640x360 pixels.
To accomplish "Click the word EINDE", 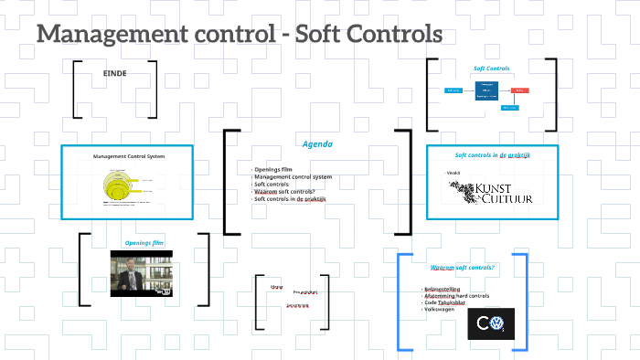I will click(x=114, y=72).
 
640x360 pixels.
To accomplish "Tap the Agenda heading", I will click(x=317, y=144).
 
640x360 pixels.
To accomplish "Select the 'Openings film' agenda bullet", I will click(x=273, y=169).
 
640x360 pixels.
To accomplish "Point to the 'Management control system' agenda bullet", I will click(x=293, y=176).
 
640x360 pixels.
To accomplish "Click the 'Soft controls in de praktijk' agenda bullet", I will click(x=290, y=199).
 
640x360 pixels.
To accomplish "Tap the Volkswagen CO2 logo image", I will click(x=491, y=322).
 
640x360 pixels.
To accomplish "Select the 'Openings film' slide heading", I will click(x=143, y=243).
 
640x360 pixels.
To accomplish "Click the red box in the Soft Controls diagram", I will click(x=518, y=90).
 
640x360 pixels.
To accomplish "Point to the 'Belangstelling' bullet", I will click(x=443, y=289).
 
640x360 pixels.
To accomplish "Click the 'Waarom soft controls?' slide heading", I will click(x=463, y=267).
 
